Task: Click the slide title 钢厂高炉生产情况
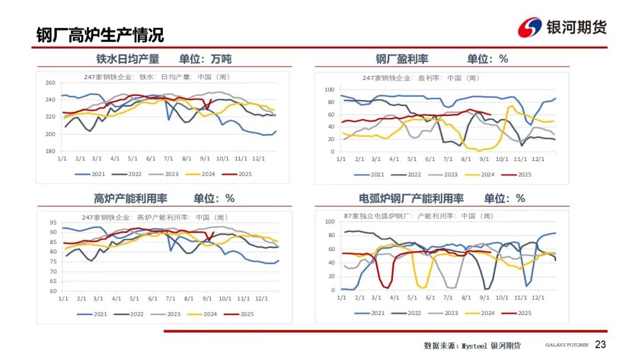tap(100, 35)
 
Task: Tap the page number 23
tap(601, 345)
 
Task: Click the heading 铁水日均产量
tap(128, 59)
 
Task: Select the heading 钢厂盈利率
tap(402, 59)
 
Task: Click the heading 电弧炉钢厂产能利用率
tap(411, 198)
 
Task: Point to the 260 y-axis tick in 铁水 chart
tap(50, 83)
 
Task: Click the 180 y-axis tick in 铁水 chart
tap(50, 152)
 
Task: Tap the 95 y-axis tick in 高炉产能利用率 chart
tap(53, 223)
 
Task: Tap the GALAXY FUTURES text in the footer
tap(566, 345)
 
